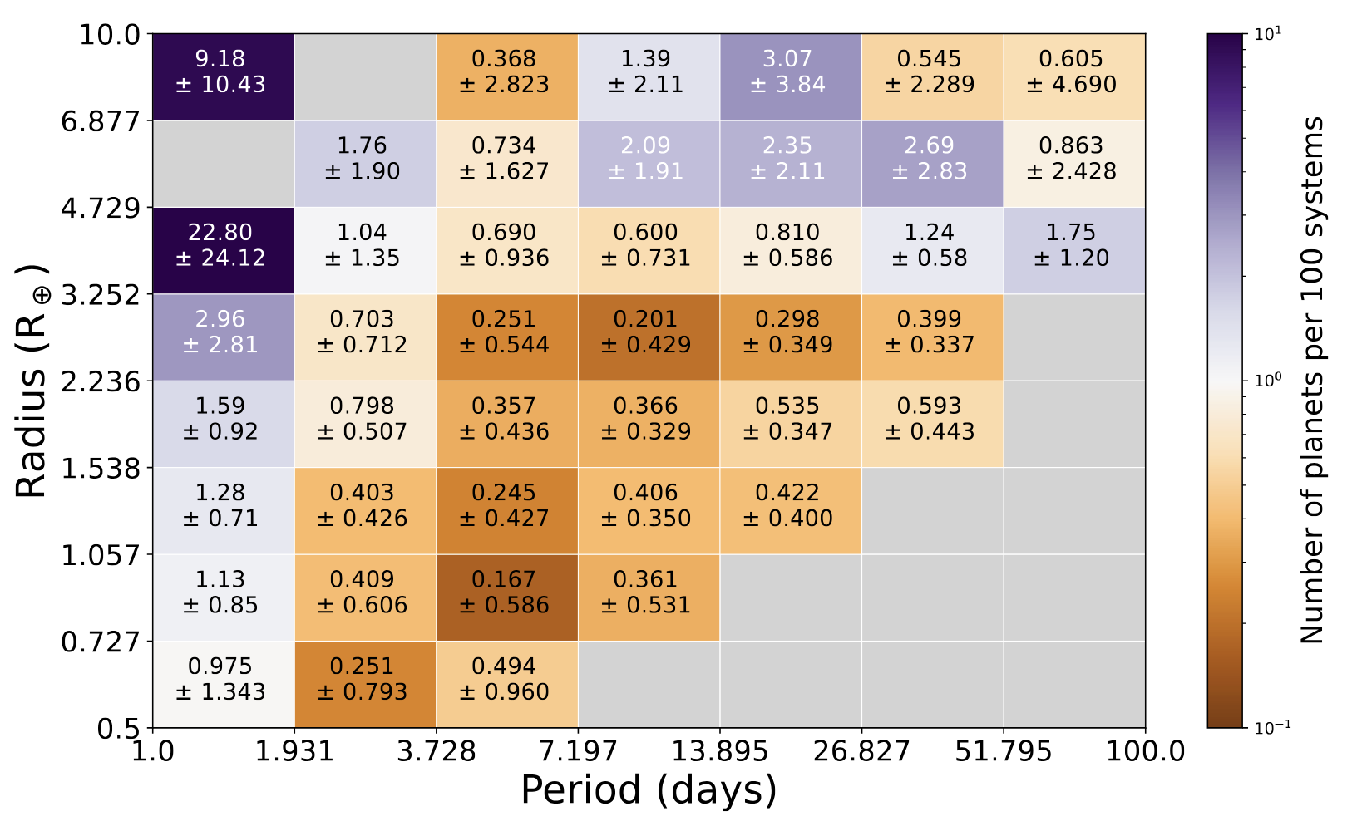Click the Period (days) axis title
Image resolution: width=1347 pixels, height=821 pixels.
649,790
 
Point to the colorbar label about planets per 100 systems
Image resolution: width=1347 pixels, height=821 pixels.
1311,381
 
